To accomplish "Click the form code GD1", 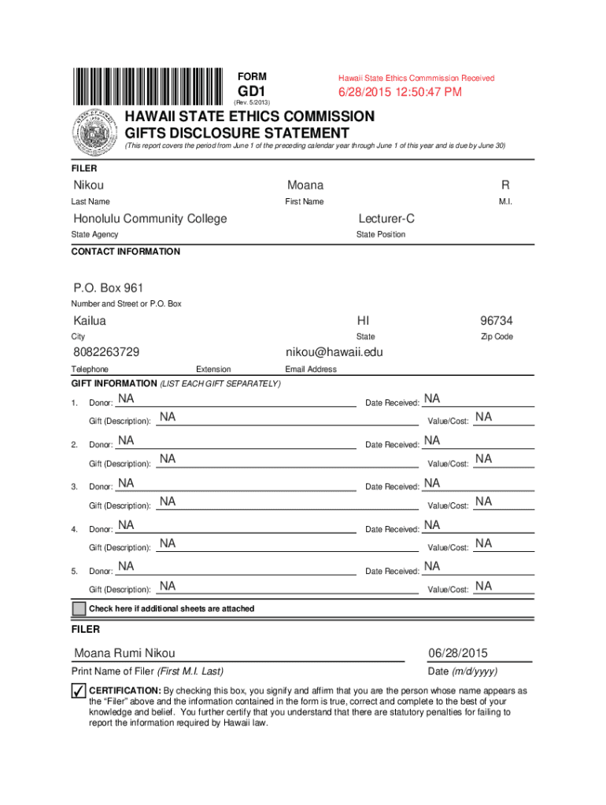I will tap(253, 92).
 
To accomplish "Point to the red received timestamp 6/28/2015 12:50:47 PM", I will tap(400, 93).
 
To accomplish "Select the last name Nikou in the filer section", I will tap(88, 186).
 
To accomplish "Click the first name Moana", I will tap(305, 186).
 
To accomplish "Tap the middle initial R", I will tap(504, 186).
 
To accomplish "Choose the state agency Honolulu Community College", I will tap(150, 219).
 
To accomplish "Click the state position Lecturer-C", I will tap(386, 219).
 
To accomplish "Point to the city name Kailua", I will tap(90, 321).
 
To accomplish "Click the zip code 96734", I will tap(497, 321).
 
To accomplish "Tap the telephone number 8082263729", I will tap(106, 352).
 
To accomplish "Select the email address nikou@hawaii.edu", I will tap(334, 352).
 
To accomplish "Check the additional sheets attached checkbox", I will tap(79, 609).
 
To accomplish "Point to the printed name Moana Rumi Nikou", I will tap(124, 653).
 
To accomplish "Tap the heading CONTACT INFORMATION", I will tap(125, 252).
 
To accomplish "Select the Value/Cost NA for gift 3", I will tap(483, 502).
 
